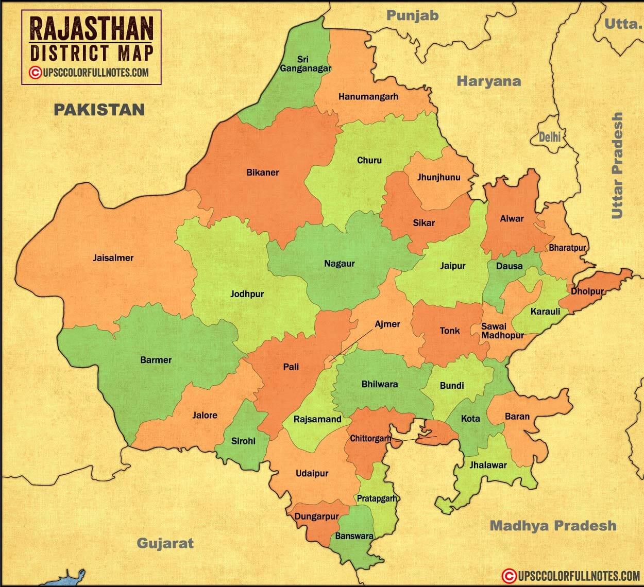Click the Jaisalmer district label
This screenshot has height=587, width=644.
tap(113, 258)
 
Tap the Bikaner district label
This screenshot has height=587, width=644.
tap(262, 172)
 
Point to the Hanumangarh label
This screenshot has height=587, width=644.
tap(368, 96)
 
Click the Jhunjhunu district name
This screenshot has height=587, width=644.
tap(438, 178)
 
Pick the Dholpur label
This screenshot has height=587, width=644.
tap(587, 291)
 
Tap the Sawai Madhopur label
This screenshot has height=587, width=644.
tap(502, 331)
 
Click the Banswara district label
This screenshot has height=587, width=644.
tap(354, 536)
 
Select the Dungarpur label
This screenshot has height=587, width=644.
tap(316, 516)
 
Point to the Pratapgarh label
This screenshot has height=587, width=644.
tap(377, 498)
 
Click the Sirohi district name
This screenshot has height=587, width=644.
tap(243, 441)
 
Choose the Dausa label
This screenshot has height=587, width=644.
tap(509, 266)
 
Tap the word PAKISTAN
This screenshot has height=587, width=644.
tap(99, 109)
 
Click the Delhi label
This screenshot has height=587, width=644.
tap(549, 137)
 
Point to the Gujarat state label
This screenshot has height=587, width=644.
tap(165, 543)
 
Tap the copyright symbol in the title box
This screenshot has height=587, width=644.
tap(35, 73)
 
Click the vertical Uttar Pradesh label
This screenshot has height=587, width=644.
tap(617, 166)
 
